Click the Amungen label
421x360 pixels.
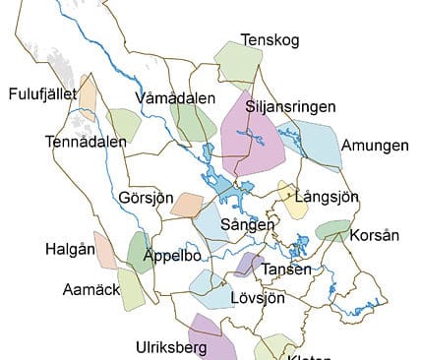375,146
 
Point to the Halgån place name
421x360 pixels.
69,248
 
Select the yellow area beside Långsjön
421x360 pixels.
292,200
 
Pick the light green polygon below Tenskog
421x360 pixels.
239,63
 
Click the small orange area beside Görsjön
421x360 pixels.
186,205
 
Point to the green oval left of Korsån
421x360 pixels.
332,230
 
